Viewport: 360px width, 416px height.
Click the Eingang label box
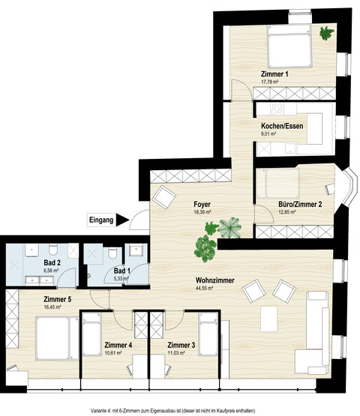[x=101, y=220]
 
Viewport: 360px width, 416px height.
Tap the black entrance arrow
[x=121, y=220]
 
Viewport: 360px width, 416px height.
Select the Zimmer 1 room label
[x=274, y=74]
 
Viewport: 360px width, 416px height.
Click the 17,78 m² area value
[x=270, y=82]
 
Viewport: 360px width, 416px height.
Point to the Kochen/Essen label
[x=282, y=126]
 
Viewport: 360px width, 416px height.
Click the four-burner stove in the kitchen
[x=277, y=109]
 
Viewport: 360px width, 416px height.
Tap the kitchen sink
[x=291, y=149]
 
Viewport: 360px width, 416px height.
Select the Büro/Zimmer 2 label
[x=300, y=205]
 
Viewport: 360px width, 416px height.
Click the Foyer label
[x=202, y=205]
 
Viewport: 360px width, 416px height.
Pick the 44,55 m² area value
[x=204, y=289]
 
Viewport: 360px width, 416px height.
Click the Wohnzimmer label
[x=214, y=280]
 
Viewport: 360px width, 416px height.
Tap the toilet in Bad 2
[x=53, y=250]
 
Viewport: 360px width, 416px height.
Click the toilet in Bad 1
[x=112, y=253]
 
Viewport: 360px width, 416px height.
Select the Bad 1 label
[x=122, y=271]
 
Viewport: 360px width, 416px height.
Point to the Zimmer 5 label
[x=57, y=299]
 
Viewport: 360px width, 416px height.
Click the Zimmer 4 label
[x=118, y=345]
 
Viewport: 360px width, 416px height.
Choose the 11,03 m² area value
[x=176, y=353]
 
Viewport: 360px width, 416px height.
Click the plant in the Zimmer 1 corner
[x=326, y=33]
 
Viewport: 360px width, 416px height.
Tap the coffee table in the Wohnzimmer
[x=268, y=319]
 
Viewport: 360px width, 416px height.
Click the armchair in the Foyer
[x=164, y=197]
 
